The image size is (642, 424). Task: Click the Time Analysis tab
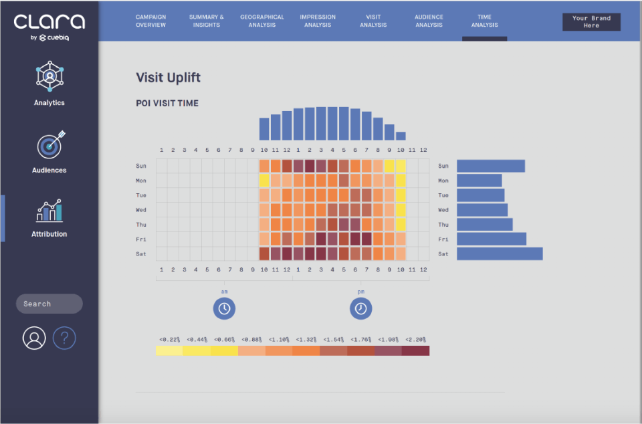[484, 21]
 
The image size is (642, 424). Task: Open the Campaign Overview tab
[150, 21]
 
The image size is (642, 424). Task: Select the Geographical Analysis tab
[262, 21]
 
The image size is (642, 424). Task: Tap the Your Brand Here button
[591, 21]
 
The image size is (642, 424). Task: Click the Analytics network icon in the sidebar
[49, 76]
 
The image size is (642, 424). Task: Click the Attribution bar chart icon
[49, 211]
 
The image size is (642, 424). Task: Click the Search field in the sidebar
[49, 304]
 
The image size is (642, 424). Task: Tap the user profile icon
[34, 338]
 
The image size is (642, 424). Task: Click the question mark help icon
[64, 338]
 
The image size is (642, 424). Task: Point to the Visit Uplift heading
[169, 78]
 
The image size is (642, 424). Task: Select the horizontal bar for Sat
[500, 253]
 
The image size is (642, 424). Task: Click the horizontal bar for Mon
[479, 181]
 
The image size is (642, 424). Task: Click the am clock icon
[225, 308]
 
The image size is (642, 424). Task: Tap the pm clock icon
[360, 308]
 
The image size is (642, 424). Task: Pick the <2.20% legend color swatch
[415, 350]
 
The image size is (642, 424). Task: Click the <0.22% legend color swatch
[169, 350]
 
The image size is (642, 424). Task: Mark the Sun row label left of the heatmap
[141, 166]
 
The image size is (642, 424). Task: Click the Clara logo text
[49, 21]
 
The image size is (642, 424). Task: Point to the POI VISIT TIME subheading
[167, 103]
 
